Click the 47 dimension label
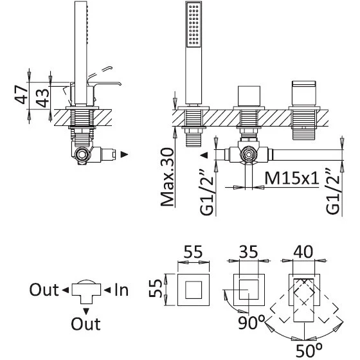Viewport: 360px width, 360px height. click(21, 94)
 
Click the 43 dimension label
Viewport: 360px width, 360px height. click(43, 98)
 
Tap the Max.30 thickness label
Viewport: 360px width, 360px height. click(168, 177)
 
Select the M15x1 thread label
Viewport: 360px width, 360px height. click(292, 178)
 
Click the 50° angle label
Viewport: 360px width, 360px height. click(309, 350)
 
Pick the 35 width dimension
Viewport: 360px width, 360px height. click(249, 251)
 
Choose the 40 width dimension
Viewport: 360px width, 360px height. click(303, 251)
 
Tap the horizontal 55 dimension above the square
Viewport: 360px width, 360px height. click(193, 251)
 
